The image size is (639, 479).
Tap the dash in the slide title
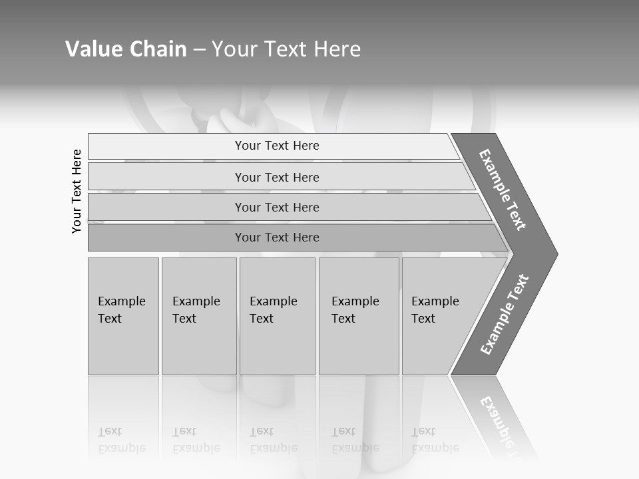[x=199, y=50]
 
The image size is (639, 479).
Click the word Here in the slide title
[x=338, y=49]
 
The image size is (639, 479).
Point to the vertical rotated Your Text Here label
[x=77, y=191]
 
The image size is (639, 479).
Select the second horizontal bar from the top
[x=276, y=177]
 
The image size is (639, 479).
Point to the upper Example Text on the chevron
[x=503, y=190]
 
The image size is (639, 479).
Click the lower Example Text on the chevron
[x=505, y=315]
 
